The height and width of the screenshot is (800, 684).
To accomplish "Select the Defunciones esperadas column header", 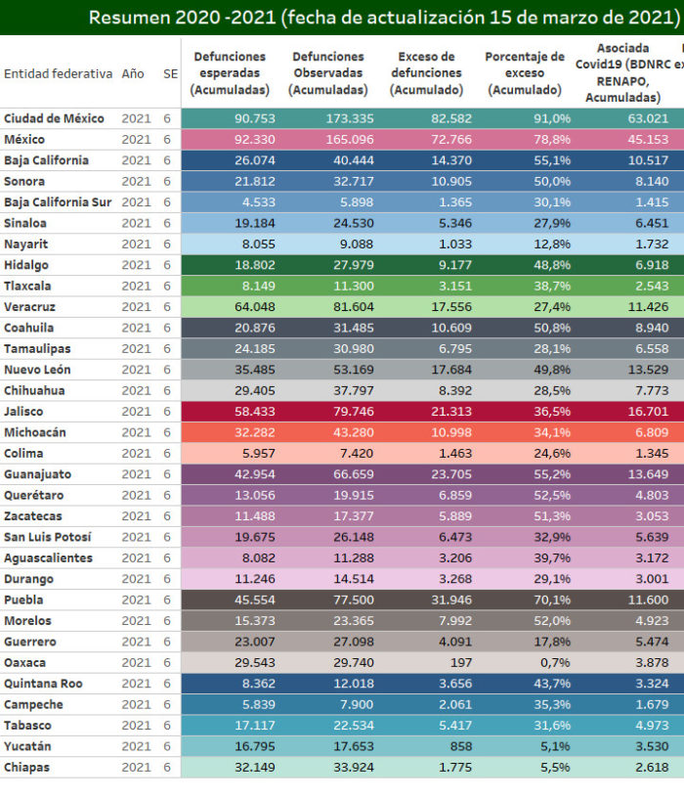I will [x=230, y=73].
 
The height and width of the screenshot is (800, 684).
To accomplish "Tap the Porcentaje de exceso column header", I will [x=525, y=73].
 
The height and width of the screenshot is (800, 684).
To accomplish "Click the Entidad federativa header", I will [x=58, y=73].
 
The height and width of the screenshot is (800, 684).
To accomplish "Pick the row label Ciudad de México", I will [x=54, y=118].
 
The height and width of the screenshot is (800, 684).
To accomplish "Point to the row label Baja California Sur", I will [x=58, y=202].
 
